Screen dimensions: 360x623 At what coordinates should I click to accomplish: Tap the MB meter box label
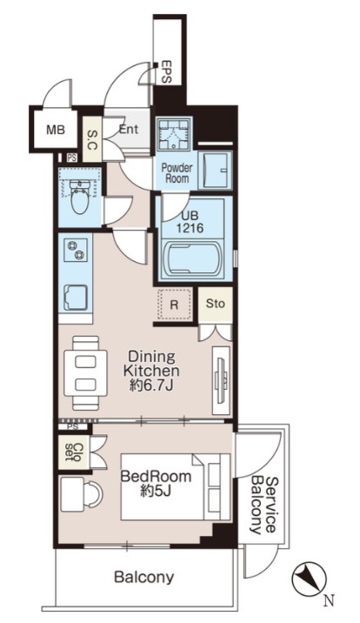tap(55, 130)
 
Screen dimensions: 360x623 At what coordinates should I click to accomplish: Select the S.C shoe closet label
tap(91, 139)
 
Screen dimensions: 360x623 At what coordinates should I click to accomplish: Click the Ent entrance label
tap(129, 129)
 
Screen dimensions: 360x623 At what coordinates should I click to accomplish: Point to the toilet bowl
tap(80, 197)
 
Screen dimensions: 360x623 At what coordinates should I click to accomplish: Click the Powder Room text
tap(177, 173)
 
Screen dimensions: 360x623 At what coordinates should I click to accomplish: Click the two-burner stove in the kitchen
tap(76, 251)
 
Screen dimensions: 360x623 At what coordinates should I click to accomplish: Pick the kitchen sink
tap(76, 298)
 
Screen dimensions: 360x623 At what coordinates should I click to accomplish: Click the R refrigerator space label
tap(174, 305)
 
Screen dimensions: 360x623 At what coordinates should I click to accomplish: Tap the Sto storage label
tap(215, 304)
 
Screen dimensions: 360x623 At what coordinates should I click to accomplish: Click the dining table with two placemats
tap(86, 373)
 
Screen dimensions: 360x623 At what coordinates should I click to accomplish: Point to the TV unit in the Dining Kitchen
tap(221, 380)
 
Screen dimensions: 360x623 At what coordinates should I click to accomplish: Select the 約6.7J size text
tap(150, 385)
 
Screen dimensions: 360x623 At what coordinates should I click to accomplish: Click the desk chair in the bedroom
tap(94, 493)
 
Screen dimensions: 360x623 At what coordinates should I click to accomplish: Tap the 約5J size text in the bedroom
tap(156, 492)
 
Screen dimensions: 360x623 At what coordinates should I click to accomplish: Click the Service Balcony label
tap(263, 505)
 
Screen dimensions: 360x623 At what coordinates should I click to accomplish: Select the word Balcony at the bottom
tap(144, 577)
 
